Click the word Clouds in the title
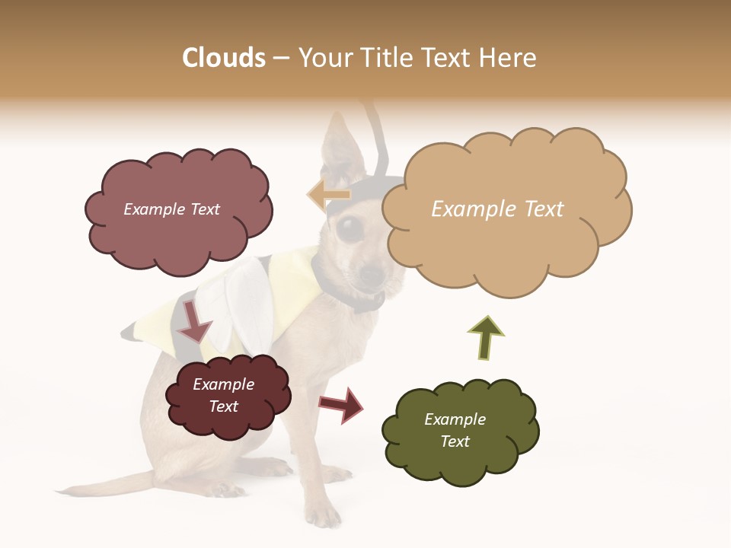tap(224, 58)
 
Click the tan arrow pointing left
tap(328, 195)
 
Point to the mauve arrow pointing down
tap(194, 320)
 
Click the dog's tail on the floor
tap(107, 484)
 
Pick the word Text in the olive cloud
tap(455, 441)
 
